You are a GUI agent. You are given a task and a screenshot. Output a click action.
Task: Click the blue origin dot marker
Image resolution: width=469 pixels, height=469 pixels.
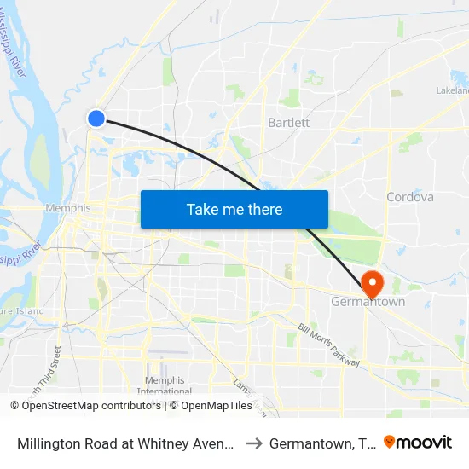pos(96,119)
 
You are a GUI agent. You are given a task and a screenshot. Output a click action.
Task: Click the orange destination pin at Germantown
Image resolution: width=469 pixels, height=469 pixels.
pos(372,283)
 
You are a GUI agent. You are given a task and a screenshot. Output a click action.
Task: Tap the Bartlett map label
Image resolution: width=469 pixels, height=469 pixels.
pos(288,122)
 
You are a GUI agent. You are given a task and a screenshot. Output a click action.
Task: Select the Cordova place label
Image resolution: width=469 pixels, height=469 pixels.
pos(409,197)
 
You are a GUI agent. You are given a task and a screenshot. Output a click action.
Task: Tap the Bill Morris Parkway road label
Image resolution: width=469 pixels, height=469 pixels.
pos(329,345)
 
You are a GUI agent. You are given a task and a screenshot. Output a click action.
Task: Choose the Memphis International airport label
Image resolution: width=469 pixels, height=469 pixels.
pos(165,385)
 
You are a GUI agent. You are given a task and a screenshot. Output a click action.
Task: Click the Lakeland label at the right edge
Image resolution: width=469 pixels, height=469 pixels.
pos(454,90)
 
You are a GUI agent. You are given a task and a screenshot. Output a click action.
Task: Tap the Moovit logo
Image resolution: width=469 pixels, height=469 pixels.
pos(418,442)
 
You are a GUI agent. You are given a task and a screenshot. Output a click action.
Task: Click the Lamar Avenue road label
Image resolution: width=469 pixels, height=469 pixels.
pos(244,392)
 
